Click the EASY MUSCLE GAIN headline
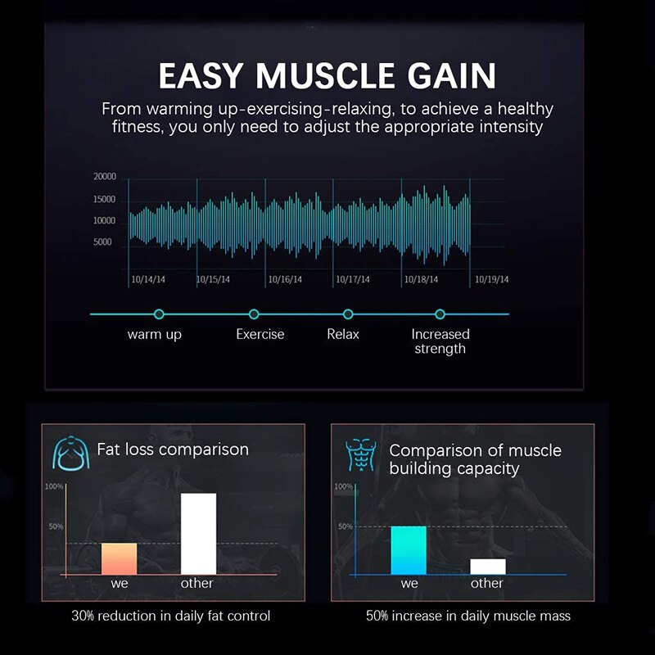(327, 75)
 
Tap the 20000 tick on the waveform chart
(105, 177)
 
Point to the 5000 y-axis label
(102, 242)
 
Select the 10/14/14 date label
(148, 279)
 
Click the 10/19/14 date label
(492, 279)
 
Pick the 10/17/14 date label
(353, 279)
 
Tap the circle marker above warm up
(159, 314)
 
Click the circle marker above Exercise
(254, 314)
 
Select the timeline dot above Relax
(348, 314)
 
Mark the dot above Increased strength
(440, 314)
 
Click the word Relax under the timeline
(343, 334)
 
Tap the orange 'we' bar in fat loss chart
(119, 559)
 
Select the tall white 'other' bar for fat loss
(198, 534)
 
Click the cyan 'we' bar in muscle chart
(409, 550)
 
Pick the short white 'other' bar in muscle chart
(488, 567)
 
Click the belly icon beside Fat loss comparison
(71, 454)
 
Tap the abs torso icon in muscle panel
(361, 455)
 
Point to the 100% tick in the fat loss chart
(54, 486)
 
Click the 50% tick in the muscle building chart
(346, 526)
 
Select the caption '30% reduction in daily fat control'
(171, 616)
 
